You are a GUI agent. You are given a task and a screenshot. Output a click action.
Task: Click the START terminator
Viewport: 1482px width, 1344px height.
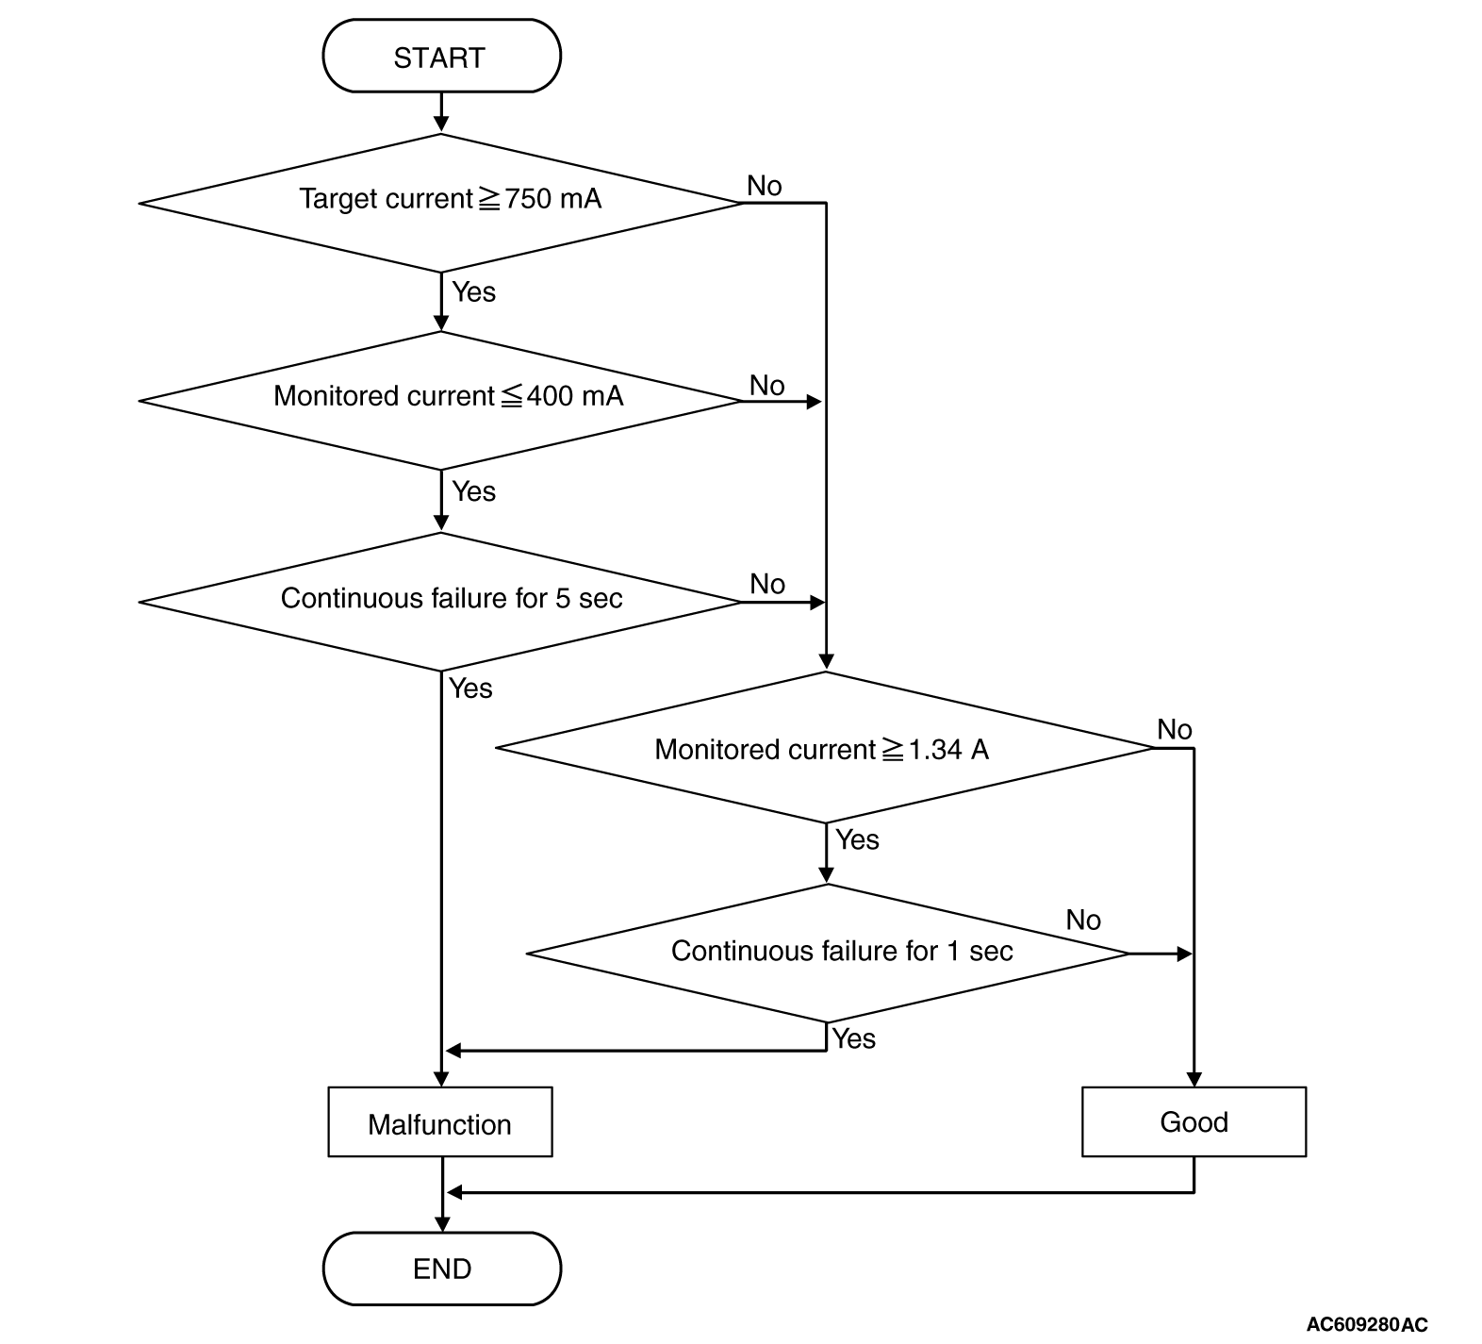click(x=441, y=57)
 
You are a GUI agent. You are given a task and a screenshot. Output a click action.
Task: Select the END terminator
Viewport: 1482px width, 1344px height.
click(x=441, y=1269)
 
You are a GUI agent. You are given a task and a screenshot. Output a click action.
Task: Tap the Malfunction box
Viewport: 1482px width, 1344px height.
click(x=440, y=1122)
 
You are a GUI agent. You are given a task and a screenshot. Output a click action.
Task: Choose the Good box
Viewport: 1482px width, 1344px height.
click(x=1194, y=1122)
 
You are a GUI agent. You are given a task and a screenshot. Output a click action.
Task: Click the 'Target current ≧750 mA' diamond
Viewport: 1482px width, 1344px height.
click(x=441, y=203)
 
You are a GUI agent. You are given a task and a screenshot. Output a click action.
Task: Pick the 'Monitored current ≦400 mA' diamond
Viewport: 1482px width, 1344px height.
click(x=441, y=401)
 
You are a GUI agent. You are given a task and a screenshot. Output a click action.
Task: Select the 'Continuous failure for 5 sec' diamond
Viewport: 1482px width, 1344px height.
click(x=441, y=602)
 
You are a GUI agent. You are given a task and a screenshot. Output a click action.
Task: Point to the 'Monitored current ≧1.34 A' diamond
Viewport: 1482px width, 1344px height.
click(x=826, y=748)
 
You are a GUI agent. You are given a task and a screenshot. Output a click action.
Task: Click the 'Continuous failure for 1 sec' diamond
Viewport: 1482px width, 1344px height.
click(x=828, y=954)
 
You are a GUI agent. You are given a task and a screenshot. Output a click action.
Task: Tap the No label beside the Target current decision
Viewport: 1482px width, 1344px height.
click(x=765, y=186)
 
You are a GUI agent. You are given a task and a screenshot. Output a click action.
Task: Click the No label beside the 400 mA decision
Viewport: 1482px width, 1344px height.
click(x=767, y=385)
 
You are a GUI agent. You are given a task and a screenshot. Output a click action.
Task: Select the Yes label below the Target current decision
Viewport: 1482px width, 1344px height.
click(x=473, y=291)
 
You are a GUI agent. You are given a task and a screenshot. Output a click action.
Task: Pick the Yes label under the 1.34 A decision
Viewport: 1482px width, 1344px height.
click(x=857, y=839)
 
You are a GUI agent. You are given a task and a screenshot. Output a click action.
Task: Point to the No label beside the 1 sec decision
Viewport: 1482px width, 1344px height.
click(x=1083, y=920)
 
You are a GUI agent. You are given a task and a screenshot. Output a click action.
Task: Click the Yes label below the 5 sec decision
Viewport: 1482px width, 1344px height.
click(x=470, y=689)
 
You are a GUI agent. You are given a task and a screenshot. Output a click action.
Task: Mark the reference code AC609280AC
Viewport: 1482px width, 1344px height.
click(x=1367, y=1324)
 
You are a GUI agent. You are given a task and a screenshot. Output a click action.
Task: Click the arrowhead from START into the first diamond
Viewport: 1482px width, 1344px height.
click(x=441, y=124)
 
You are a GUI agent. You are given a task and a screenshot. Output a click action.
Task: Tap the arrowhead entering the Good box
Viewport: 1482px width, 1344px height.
click(x=1194, y=1079)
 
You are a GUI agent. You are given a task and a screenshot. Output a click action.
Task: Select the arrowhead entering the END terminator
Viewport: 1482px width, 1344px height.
click(x=441, y=1223)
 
